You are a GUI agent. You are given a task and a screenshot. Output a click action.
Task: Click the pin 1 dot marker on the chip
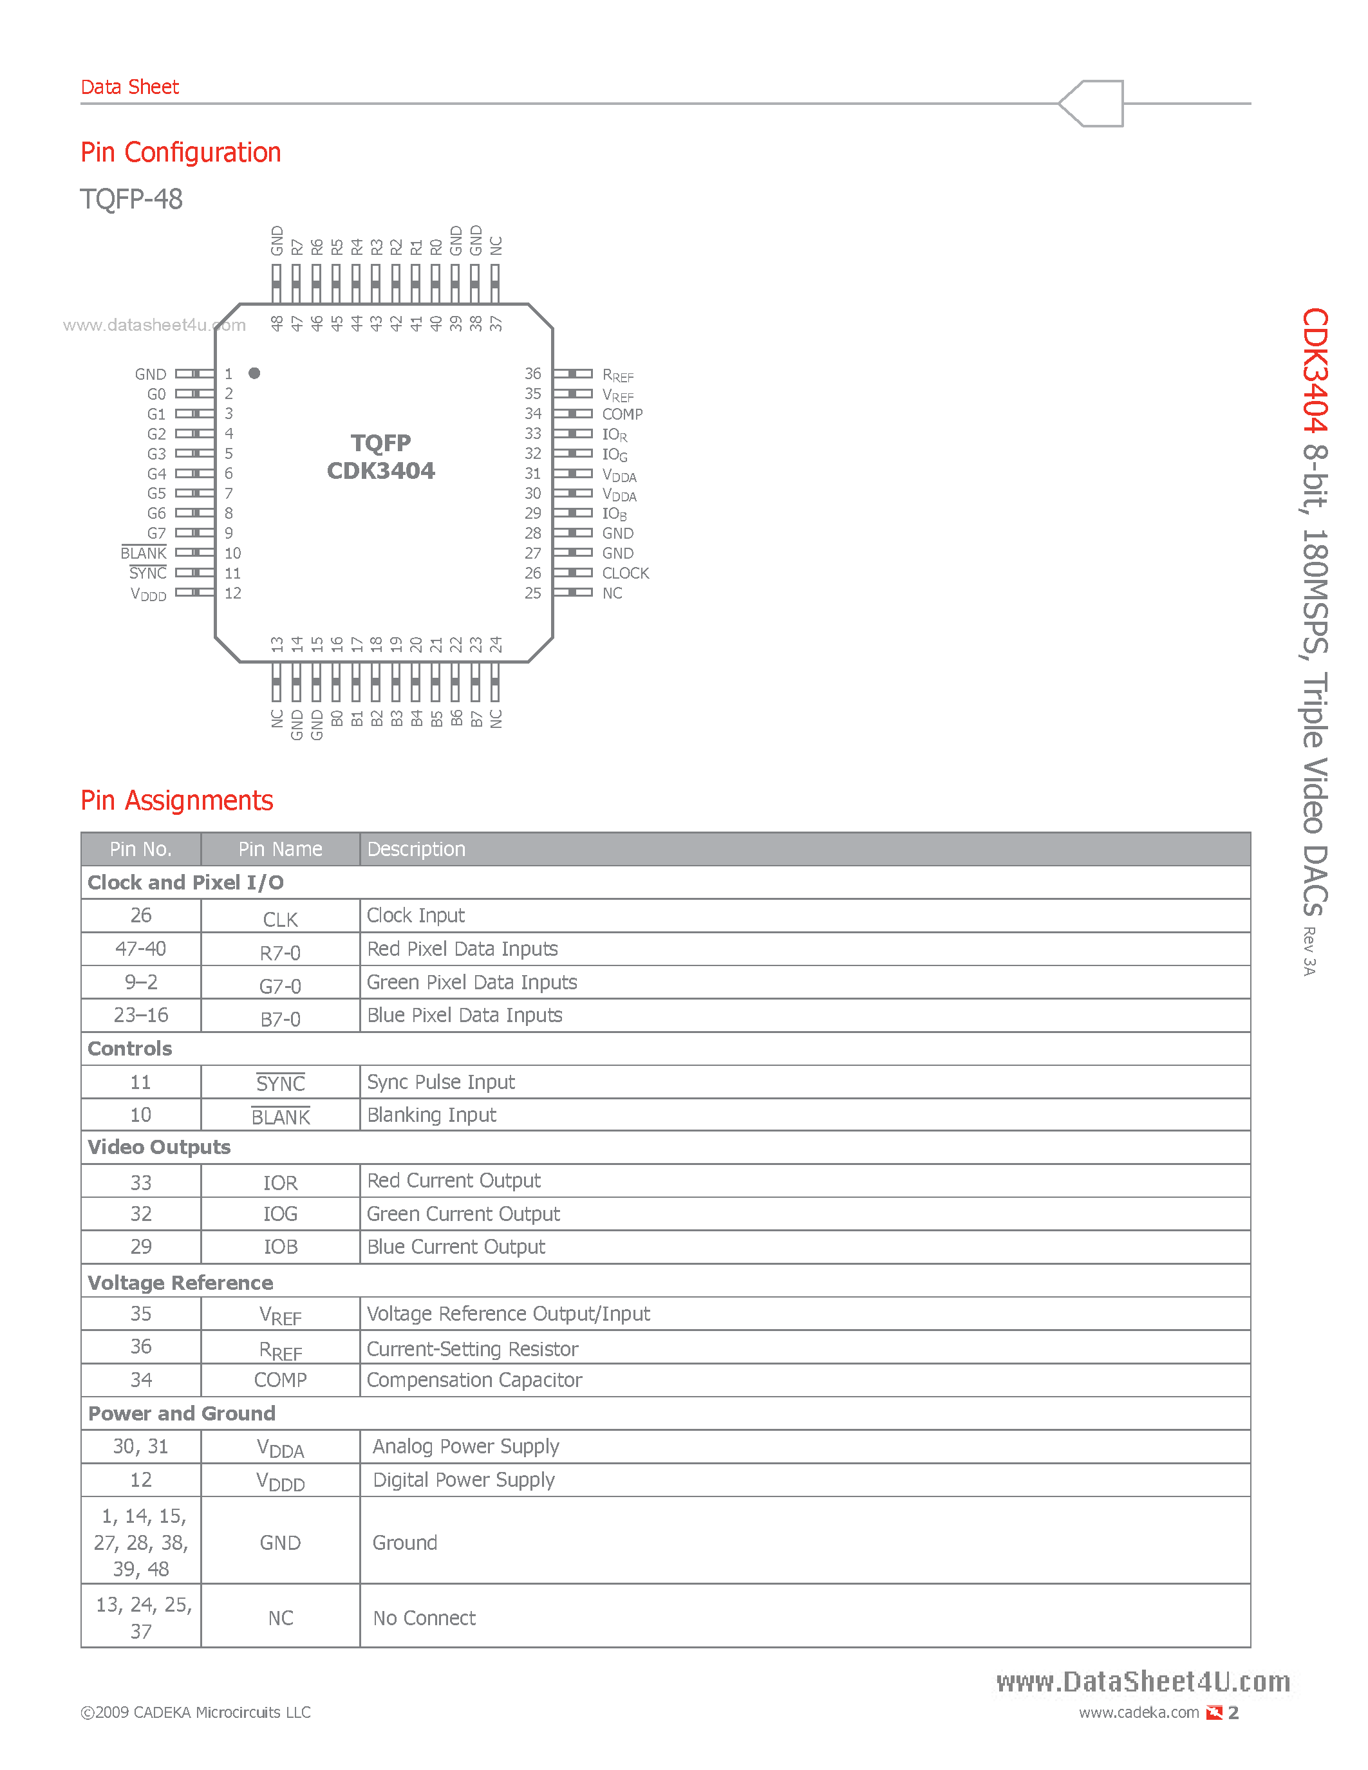[254, 373]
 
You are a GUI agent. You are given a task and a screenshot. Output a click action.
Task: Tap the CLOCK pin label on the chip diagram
[625, 573]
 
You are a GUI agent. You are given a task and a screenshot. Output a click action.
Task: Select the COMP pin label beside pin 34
[622, 414]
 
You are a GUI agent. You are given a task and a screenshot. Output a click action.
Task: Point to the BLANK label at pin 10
[144, 554]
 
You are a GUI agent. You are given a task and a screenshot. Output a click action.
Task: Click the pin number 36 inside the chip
[532, 373]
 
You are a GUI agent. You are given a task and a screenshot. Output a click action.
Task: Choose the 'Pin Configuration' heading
[181, 153]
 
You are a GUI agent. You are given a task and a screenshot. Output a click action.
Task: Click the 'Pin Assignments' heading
[176, 801]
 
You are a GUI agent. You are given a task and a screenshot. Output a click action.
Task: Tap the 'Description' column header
[416, 850]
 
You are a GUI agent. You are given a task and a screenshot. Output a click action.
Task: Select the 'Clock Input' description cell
[416, 916]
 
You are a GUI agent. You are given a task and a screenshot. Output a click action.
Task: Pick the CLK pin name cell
[281, 920]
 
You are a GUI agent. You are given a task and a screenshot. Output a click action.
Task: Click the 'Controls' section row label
[129, 1048]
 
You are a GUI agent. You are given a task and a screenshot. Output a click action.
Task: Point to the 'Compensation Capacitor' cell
[474, 1380]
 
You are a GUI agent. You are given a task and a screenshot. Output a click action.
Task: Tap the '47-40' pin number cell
[141, 949]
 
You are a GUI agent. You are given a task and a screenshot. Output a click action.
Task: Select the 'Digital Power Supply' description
[464, 1480]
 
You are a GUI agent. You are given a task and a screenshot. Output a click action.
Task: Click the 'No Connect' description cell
[424, 1619]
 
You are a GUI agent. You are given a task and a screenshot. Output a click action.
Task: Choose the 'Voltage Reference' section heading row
[180, 1283]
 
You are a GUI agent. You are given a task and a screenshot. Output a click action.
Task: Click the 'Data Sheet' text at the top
[129, 87]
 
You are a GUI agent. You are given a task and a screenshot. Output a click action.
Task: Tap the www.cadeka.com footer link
[1139, 1713]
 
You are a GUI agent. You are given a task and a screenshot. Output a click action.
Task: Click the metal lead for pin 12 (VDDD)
[194, 592]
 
